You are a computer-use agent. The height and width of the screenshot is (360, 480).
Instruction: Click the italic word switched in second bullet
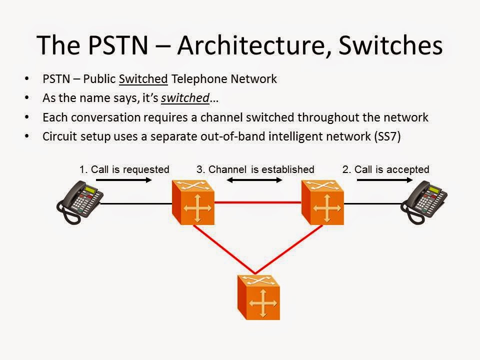(184, 98)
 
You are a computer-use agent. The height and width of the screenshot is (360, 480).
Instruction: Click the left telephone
(78, 202)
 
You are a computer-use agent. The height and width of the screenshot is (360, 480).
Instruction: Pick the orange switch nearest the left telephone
(193, 203)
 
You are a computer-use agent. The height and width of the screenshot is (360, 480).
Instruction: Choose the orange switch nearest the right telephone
(322, 203)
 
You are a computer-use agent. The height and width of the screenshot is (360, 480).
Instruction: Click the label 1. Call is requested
(124, 169)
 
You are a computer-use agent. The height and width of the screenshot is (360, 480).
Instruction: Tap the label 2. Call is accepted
(385, 169)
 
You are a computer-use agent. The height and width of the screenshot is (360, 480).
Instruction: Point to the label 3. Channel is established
(255, 169)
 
